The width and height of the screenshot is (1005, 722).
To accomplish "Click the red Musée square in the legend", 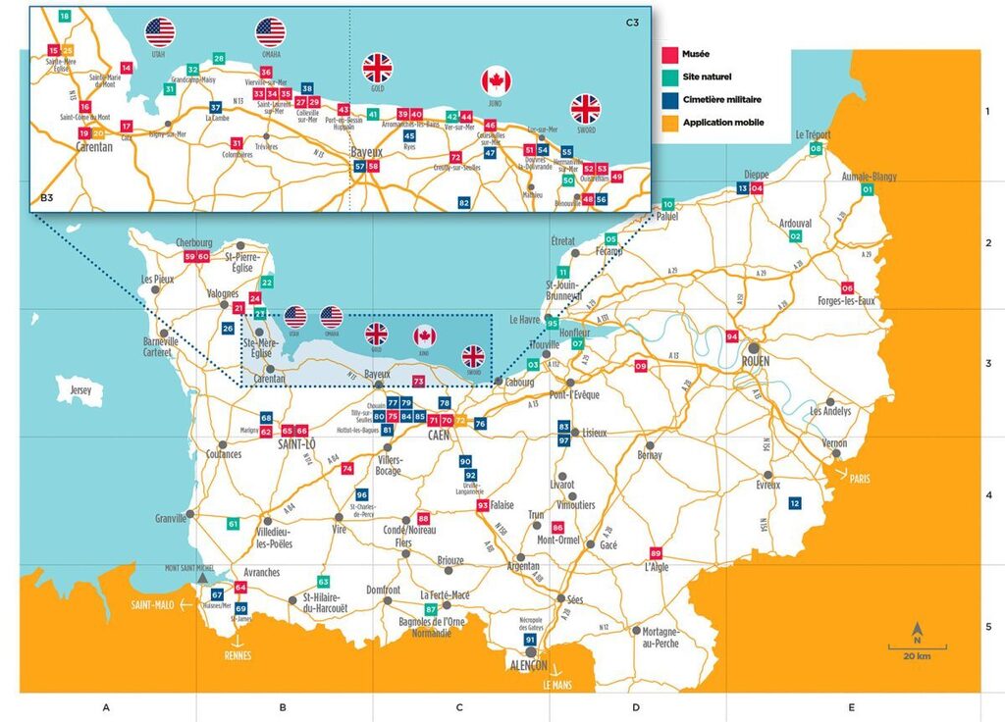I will [x=671, y=56].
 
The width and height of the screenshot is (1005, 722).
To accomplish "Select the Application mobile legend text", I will [x=723, y=123].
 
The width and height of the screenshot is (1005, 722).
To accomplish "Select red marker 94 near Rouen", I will [x=732, y=336].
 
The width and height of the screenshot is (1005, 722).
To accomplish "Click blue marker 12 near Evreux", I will [x=795, y=503].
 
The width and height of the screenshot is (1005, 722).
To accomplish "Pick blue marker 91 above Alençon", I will [x=531, y=640].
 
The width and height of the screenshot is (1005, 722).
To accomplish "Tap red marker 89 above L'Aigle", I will [x=657, y=552].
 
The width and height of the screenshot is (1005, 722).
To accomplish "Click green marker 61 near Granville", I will [x=233, y=524].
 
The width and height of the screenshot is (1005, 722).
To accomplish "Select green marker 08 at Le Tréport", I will [x=816, y=148].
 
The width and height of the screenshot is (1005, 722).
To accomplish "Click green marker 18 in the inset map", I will [x=65, y=17].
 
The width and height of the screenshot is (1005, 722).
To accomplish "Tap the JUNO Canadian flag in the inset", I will [x=497, y=81].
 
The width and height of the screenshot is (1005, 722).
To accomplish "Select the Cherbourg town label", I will [x=193, y=243].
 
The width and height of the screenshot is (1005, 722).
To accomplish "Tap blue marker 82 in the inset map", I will [x=464, y=202].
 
